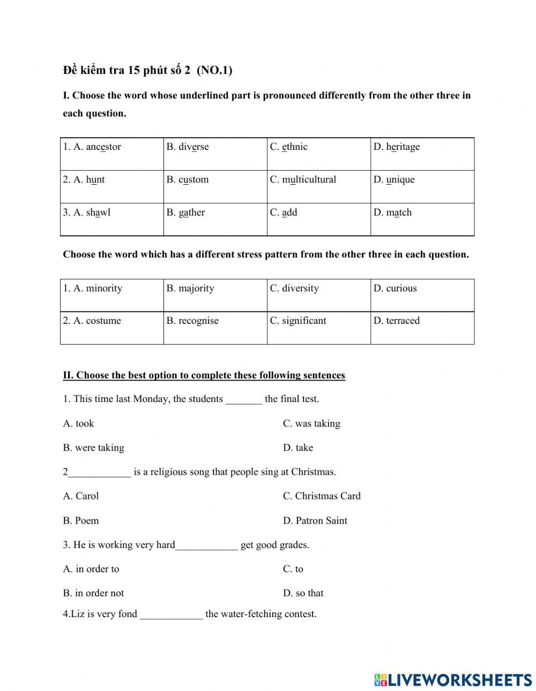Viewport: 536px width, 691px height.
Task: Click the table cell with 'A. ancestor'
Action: [x=111, y=154]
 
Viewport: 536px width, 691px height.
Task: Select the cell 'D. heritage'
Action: [x=422, y=154]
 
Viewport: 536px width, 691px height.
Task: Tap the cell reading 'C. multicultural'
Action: [x=318, y=187]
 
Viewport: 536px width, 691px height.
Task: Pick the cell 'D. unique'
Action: [x=422, y=187]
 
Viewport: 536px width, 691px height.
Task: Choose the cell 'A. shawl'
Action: [x=111, y=219]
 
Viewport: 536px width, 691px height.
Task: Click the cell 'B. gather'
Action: [x=215, y=219]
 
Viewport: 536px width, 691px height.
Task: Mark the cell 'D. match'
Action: [x=422, y=219]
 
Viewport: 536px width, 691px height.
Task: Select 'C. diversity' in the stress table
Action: [x=318, y=295]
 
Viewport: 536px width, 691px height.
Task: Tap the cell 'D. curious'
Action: [x=422, y=295]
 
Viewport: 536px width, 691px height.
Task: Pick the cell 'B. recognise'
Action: [x=215, y=328]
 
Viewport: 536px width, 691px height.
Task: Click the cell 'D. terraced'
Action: [x=422, y=328]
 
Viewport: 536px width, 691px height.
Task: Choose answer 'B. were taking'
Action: [x=94, y=448]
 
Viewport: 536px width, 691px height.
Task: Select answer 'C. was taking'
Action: [x=311, y=424]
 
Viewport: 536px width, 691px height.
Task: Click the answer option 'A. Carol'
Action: [x=81, y=496]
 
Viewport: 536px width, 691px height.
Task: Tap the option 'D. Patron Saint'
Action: [x=315, y=521]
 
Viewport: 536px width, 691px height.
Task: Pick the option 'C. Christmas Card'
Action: [x=322, y=496]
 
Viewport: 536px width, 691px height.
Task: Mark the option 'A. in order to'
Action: [x=91, y=569]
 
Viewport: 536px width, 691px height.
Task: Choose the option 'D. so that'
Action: [x=303, y=594]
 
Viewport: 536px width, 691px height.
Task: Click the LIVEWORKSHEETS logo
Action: [x=453, y=680]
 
